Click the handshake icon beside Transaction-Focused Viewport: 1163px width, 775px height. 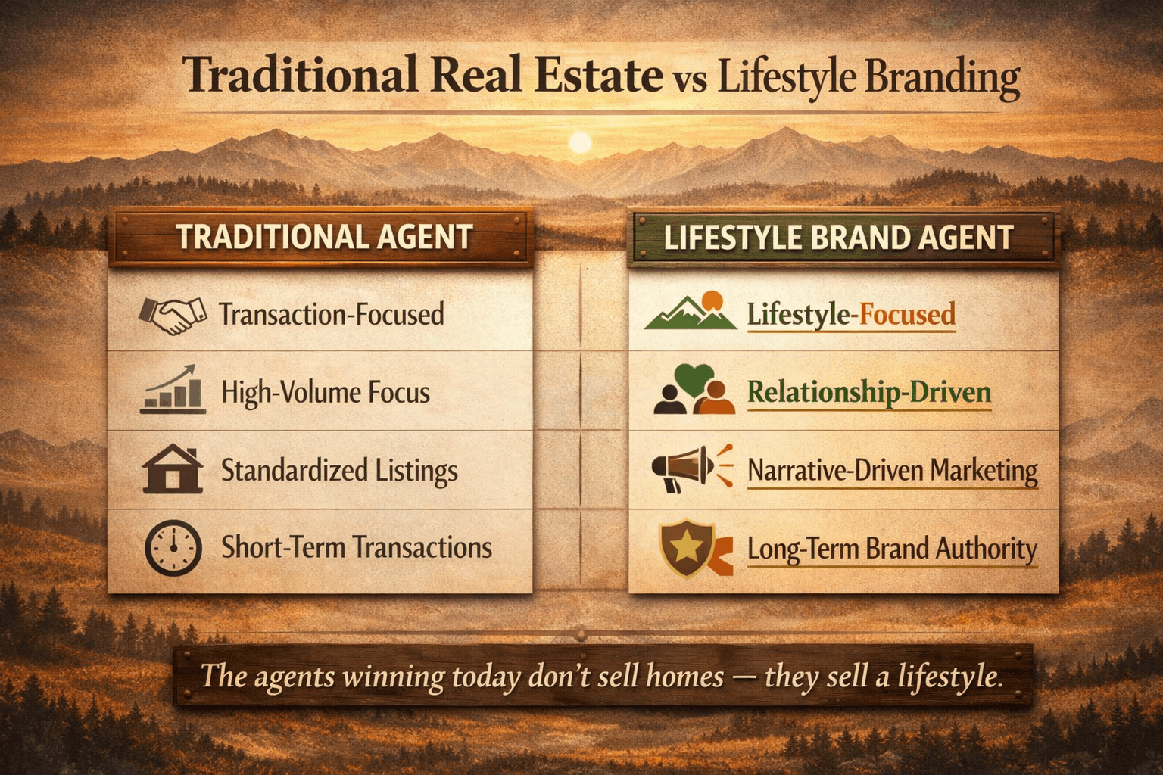tap(173, 315)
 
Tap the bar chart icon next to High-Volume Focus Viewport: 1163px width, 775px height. tap(173, 390)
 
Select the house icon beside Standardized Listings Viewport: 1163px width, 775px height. tap(173, 469)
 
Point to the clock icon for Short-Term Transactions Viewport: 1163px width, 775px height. tap(173, 548)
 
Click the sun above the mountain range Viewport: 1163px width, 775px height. tap(580, 142)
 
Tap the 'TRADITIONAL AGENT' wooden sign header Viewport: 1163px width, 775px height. tap(324, 237)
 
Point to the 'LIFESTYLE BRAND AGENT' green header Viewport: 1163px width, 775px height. tap(838, 238)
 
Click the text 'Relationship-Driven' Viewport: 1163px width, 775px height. tap(868, 392)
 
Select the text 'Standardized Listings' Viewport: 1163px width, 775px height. tap(339, 470)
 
